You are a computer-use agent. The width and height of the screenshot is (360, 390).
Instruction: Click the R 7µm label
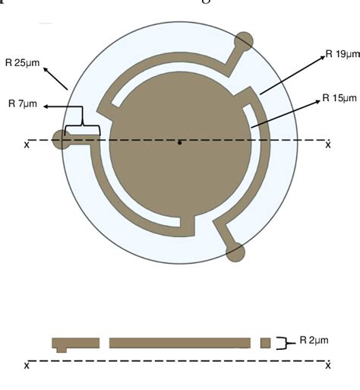click(x=23, y=104)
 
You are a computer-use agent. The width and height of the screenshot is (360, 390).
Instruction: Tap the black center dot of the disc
click(x=179, y=142)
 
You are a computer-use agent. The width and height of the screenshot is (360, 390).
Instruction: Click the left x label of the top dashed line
click(x=27, y=144)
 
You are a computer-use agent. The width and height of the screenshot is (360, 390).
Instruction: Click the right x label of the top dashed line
click(x=328, y=144)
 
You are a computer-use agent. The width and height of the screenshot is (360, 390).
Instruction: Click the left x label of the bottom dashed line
click(x=27, y=366)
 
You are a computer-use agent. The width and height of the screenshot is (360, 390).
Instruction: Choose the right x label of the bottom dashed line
click(x=328, y=366)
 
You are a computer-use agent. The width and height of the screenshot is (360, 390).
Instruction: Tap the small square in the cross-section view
click(x=265, y=343)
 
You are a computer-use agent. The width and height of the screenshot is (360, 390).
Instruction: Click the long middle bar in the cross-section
click(x=179, y=343)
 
